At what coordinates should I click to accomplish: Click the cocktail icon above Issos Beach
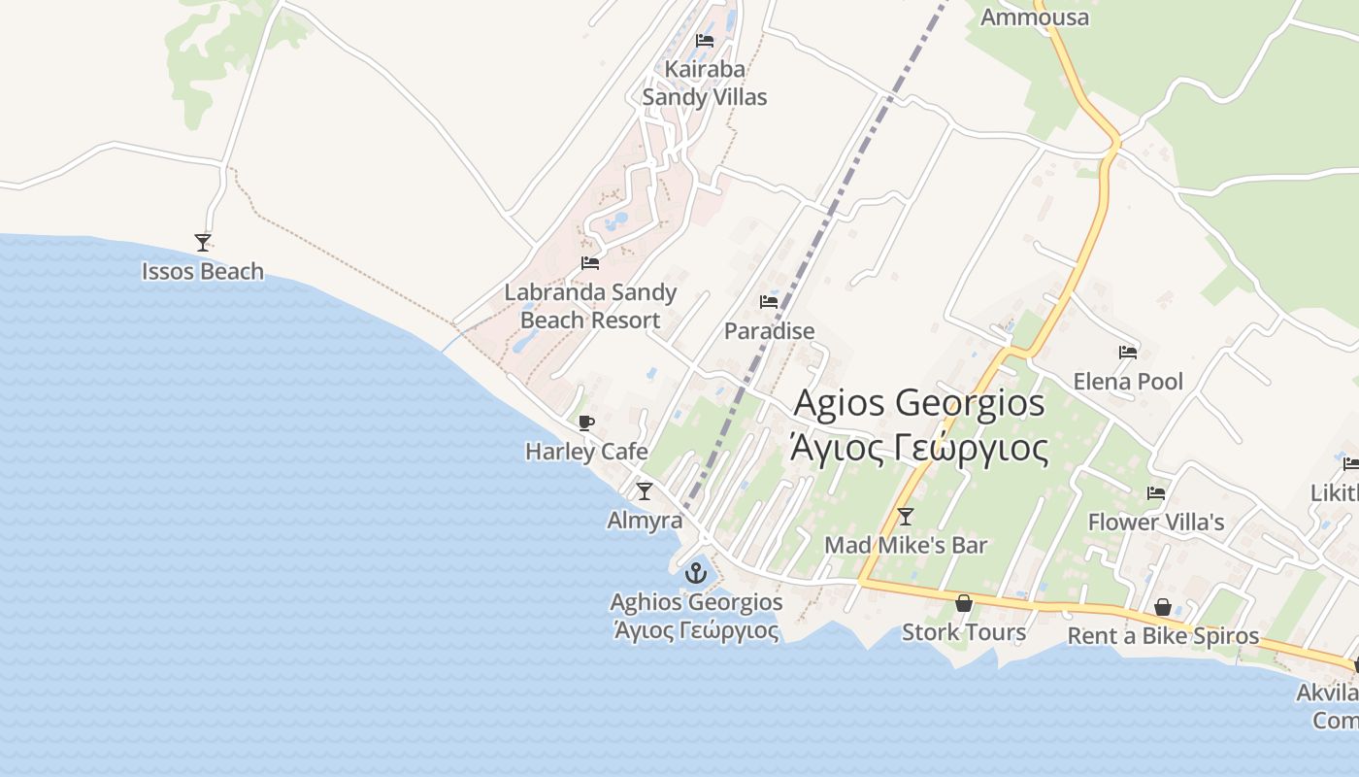pos(203,242)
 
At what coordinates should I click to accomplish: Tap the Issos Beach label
pos(203,272)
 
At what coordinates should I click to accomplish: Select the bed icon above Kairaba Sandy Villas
pos(705,41)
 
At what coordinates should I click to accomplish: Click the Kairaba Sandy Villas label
pos(705,84)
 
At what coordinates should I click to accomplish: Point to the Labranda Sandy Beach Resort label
pos(590,306)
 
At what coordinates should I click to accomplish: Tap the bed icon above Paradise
pos(769,302)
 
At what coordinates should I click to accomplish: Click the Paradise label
pos(770,331)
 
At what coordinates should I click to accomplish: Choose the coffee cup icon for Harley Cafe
pos(585,422)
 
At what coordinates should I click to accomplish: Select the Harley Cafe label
pos(586,452)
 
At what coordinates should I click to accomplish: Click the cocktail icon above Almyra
pos(645,491)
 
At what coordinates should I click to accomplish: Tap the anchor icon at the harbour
pos(695,573)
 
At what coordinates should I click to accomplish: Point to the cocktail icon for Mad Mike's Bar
pos(906,516)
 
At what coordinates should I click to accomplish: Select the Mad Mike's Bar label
pos(906,546)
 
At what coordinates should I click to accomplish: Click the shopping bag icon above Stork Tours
pos(964,603)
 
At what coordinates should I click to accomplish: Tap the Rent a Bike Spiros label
pos(1163,636)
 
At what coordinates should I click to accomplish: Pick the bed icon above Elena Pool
pos(1128,353)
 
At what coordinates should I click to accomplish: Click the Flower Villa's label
pos(1156,523)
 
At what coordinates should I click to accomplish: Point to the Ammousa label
pos(1035,17)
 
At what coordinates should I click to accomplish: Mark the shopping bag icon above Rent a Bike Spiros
pos(1163,608)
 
